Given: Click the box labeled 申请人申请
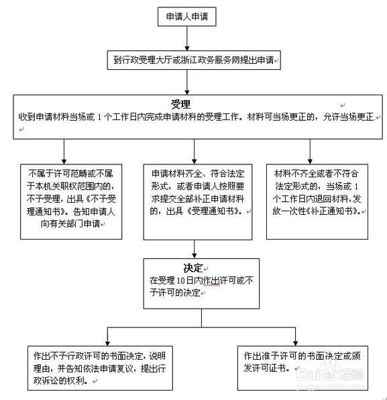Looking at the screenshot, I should [186, 17].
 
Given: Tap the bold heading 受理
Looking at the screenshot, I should [180, 105].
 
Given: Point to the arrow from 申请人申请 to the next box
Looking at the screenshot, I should [187, 40].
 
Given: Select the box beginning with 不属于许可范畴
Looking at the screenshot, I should [66, 199].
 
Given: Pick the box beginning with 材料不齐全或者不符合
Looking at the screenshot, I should [318, 199].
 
